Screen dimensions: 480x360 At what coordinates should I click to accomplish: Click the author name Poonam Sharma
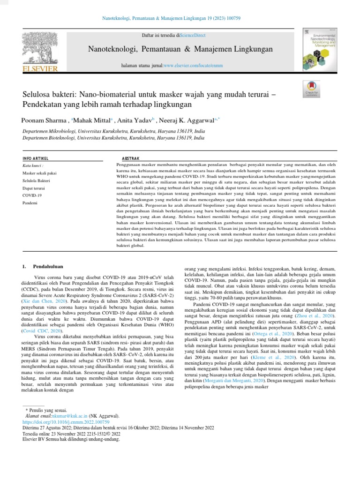45,120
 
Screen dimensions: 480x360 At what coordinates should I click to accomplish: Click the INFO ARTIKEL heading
36,158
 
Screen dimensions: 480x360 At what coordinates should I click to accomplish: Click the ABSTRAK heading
130,158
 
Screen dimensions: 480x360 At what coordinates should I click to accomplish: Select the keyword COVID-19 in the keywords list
32,195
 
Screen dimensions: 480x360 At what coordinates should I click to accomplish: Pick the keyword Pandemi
30,202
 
